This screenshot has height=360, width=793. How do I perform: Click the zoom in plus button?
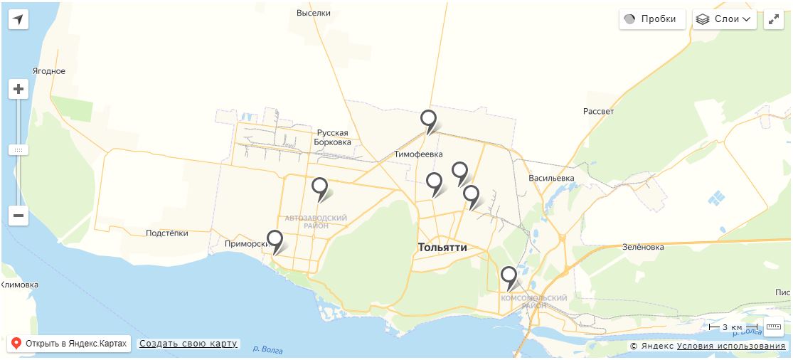(x=18, y=90)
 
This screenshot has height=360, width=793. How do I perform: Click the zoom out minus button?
(x=18, y=216)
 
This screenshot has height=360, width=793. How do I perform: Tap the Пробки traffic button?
(x=652, y=19)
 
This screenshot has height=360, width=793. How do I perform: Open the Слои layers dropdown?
(x=725, y=19)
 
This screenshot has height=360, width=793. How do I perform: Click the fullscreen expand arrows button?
(x=774, y=19)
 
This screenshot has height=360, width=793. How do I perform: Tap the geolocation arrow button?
(x=18, y=19)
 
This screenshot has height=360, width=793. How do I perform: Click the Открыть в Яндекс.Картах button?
(x=69, y=344)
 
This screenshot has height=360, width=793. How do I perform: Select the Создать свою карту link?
(x=188, y=344)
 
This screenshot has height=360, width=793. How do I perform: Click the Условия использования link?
(x=731, y=346)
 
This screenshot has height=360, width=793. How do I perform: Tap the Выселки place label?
(x=314, y=13)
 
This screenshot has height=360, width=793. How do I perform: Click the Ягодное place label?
(x=49, y=71)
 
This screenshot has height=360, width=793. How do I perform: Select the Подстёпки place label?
(x=166, y=233)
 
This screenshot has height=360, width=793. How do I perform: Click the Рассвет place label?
(x=598, y=112)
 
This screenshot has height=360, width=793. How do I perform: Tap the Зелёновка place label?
(x=642, y=248)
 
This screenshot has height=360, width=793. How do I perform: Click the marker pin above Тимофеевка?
(x=427, y=120)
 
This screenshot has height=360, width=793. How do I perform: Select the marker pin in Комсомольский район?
(x=508, y=276)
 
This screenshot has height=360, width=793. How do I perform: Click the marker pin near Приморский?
(x=275, y=240)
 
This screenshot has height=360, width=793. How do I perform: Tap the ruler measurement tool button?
(x=774, y=327)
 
